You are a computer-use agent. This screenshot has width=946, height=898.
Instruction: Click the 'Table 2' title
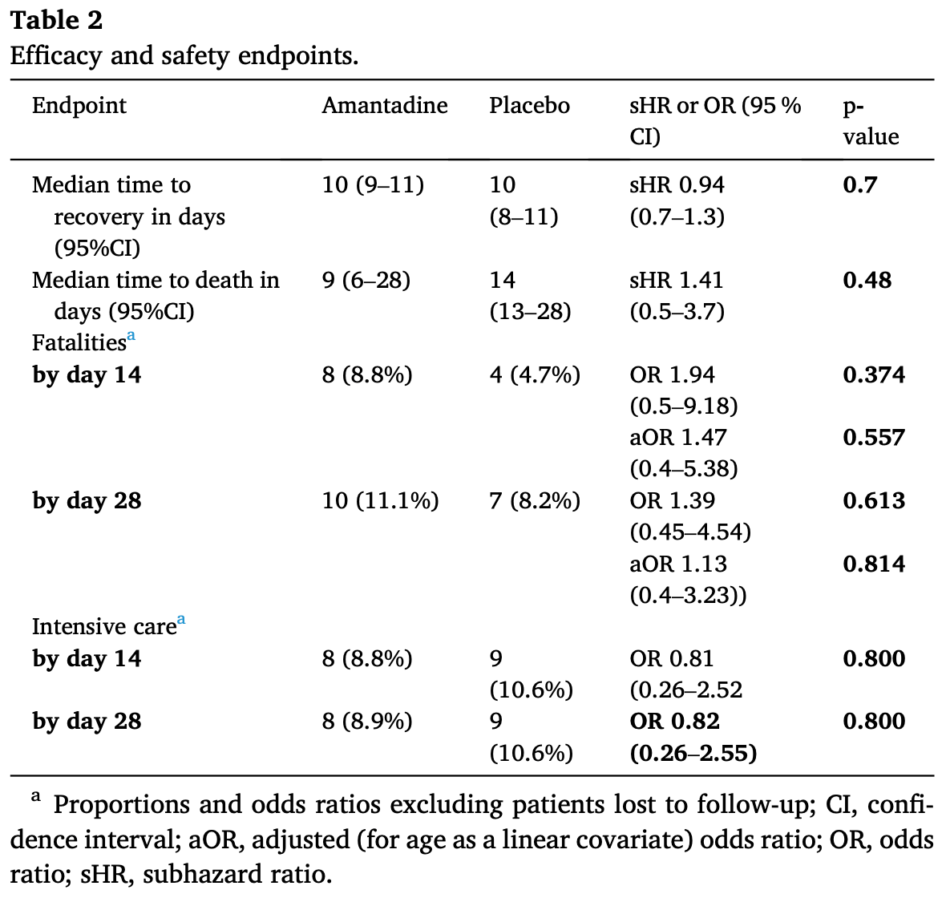[57, 21]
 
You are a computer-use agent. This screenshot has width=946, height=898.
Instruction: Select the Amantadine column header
[384, 106]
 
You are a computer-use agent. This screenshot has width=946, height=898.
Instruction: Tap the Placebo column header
[529, 106]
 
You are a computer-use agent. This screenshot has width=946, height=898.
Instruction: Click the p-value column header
[871, 121]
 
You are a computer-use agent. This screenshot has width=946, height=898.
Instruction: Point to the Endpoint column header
[79, 106]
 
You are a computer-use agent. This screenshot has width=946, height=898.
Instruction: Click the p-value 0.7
[859, 184]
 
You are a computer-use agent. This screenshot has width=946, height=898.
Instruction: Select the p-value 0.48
[867, 280]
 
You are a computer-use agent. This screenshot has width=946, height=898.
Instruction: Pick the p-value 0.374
[874, 374]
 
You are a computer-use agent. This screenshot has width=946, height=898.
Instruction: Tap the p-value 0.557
[874, 438]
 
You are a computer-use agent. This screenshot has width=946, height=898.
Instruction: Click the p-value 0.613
[874, 500]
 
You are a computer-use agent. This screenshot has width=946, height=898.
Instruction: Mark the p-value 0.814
[874, 564]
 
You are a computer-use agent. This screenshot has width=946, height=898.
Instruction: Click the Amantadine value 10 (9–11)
[373, 185]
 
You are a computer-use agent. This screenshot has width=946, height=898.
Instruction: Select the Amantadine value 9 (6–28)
[366, 280]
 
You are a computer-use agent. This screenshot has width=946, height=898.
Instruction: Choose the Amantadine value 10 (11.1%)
[380, 501]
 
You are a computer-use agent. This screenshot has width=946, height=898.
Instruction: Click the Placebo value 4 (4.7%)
[535, 375]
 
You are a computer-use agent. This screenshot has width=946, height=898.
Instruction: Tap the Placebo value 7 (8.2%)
[535, 501]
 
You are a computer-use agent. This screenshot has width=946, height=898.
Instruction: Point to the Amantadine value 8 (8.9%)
[367, 721]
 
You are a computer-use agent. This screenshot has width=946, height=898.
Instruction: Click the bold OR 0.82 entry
[674, 721]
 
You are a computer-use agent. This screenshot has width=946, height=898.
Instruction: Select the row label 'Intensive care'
[103, 626]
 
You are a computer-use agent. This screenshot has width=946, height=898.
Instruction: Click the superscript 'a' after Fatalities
[131, 335]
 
